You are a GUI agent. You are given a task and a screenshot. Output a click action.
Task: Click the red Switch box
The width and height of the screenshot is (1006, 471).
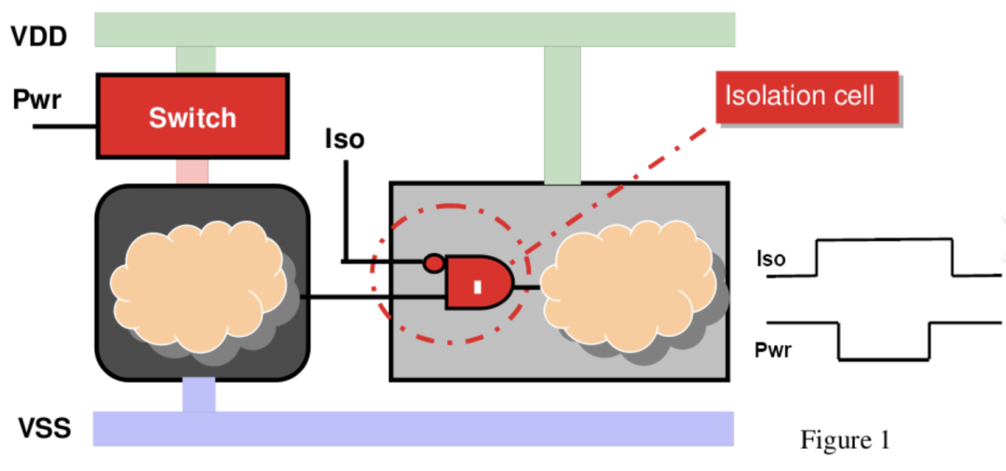point(193,116)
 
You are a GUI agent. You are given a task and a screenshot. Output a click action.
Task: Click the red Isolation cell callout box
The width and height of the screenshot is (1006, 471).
point(807,97)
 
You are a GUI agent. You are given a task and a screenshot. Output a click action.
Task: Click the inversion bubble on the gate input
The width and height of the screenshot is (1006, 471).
point(433,262)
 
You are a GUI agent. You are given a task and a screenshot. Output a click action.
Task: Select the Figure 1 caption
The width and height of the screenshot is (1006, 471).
point(845,438)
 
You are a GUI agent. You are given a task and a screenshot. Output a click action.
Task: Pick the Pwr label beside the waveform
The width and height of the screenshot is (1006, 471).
point(773,351)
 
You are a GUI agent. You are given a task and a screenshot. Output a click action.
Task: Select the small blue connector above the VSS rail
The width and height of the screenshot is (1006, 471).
point(198,395)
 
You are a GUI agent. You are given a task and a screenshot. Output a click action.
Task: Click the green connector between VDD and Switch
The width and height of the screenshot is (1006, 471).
point(196,60)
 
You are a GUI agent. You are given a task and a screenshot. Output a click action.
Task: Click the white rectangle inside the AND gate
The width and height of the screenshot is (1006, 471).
point(477,287)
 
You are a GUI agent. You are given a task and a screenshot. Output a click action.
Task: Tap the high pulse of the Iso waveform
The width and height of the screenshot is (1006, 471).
point(884,240)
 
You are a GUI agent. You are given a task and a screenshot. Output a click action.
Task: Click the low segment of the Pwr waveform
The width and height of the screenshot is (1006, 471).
point(884,358)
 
